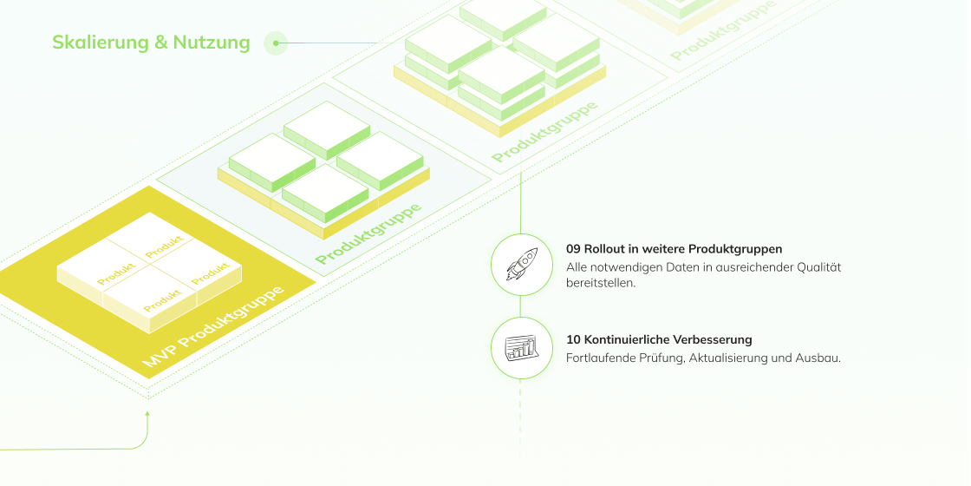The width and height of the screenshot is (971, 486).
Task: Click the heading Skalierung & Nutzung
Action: click(151, 43)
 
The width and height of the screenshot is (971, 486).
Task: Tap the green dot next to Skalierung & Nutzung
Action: click(276, 43)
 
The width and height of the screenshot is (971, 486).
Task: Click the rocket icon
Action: click(520, 265)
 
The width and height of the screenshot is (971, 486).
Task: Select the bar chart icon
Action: click(520, 348)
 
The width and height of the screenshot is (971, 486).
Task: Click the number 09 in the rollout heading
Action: click(574, 249)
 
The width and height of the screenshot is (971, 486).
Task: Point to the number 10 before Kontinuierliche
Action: click(574, 339)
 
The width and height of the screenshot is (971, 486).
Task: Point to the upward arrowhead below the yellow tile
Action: click(148, 415)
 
